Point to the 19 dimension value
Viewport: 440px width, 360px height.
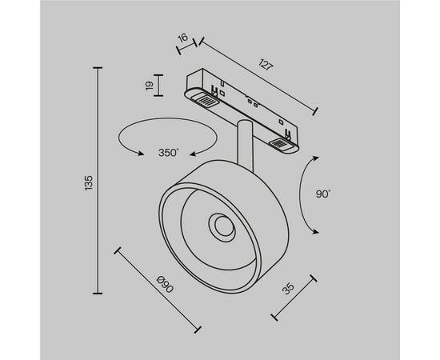pos(149,86)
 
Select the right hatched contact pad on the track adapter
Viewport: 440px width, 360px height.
pos(282,144)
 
